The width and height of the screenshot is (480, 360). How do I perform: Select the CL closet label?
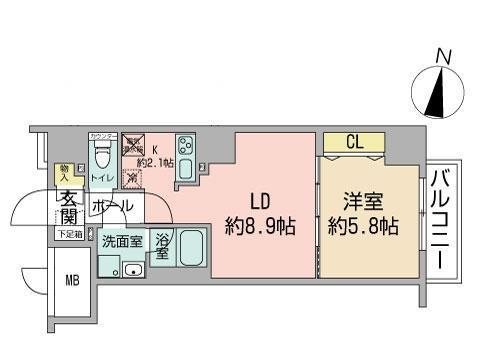(354, 143)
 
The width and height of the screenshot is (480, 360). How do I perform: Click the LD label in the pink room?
(259, 200)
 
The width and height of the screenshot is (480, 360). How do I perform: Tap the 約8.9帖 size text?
(259, 226)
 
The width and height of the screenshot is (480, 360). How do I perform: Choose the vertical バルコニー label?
(438, 221)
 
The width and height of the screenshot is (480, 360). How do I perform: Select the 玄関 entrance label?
(68, 207)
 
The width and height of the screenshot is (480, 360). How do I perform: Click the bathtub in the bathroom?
(193, 248)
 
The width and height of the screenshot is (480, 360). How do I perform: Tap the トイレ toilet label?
(102, 178)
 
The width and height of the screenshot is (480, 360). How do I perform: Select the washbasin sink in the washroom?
(131, 268)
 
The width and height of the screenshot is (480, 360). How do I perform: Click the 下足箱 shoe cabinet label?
(67, 234)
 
